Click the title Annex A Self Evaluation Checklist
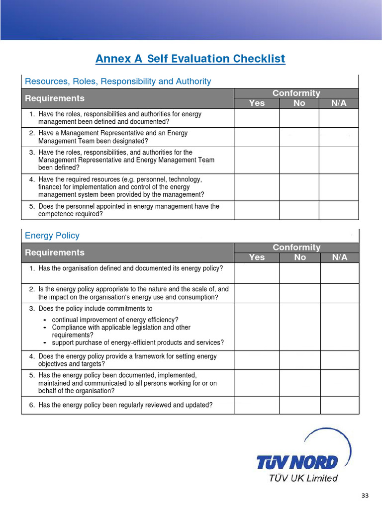pyautogui.click(x=191, y=59)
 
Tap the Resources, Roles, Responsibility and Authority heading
pyautogui.click(x=118, y=81)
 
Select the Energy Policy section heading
pyautogui.click(x=52, y=235)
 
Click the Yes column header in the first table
pyautogui.click(x=257, y=103)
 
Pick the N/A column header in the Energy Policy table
pyautogui.click(x=339, y=257)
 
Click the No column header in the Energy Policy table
pyautogui.click(x=300, y=257)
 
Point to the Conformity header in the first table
pyautogui.click(x=296, y=93)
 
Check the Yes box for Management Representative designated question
pyautogui.click(x=257, y=137)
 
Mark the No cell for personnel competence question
pyautogui.click(x=299, y=210)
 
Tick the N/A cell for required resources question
pyautogui.click(x=338, y=187)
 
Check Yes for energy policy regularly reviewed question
pyautogui.click(x=257, y=405)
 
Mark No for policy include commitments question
pyautogui.click(x=300, y=327)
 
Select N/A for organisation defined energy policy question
pyautogui.click(x=339, y=273)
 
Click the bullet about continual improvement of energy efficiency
pyautogui.click(x=115, y=320)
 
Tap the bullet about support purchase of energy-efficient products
pyautogui.click(x=138, y=342)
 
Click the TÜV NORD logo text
pyautogui.click(x=297, y=462)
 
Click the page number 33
pyautogui.click(x=365, y=496)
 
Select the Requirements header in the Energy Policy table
pyautogui.click(x=55, y=253)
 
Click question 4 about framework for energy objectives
pyautogui.click(x=127, y=360)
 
